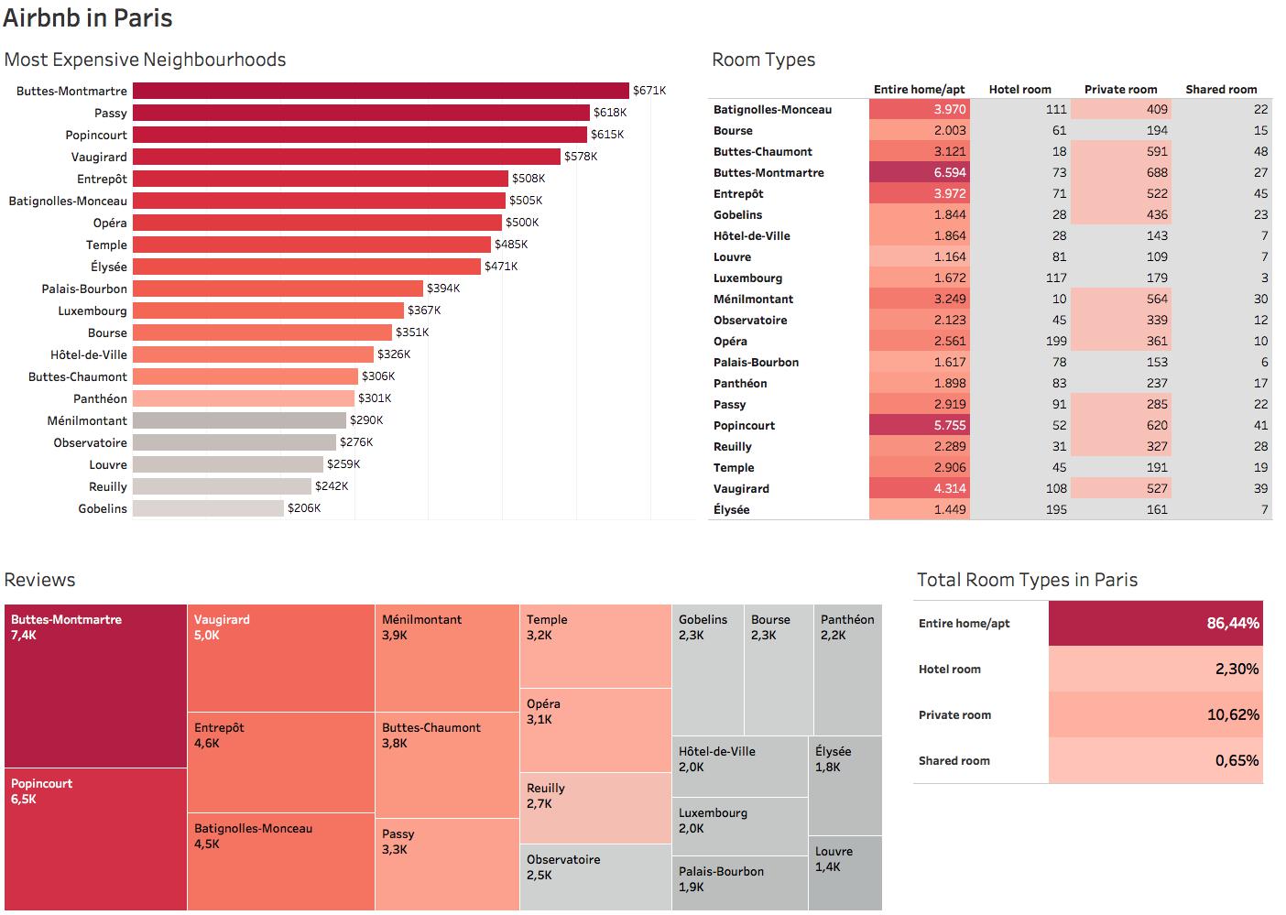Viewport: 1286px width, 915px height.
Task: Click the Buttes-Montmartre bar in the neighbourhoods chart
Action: pyautogui.click(x=380, y=91)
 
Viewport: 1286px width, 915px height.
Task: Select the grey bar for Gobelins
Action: pyautogui.click(x=208, y=508)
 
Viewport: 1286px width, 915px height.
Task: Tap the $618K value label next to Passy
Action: pyautogui.click(x=610, y=113)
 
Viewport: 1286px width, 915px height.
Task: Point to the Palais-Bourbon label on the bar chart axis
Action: pyautogui.click(x=84, y=289)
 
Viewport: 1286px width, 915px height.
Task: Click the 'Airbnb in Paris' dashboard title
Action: pyautogui.click(x=88, y=18)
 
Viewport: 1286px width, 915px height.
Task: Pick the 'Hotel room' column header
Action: pyautogui.click(x=1019, y=89)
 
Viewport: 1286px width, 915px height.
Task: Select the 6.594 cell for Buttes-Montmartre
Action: pyautogui.click(x=919, y=172)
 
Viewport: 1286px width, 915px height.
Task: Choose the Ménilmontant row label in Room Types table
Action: pyautogui.click(x=753, y=299)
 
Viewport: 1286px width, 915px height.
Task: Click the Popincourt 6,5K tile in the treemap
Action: pyautogui.click(x=95, y=838)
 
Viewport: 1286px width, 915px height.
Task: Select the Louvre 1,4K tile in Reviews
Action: pyautogui.click(x=845, y=873)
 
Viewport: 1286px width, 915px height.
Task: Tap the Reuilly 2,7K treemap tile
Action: pyautogui.click(x=595, y=807)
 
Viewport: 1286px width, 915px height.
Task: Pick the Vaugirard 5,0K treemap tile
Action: pyautogui.click(x=280, y=658)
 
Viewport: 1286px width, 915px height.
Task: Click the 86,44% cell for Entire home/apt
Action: pyautogui.click(x=1154, y=624)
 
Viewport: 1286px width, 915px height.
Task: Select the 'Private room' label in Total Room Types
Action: pyautogui.click(x=954, y=715)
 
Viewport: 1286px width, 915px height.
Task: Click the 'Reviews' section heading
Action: pyautogui.click(x=40, y=580)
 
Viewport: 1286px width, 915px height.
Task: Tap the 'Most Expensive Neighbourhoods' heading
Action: pyautogui.click(x=145, y=60)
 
